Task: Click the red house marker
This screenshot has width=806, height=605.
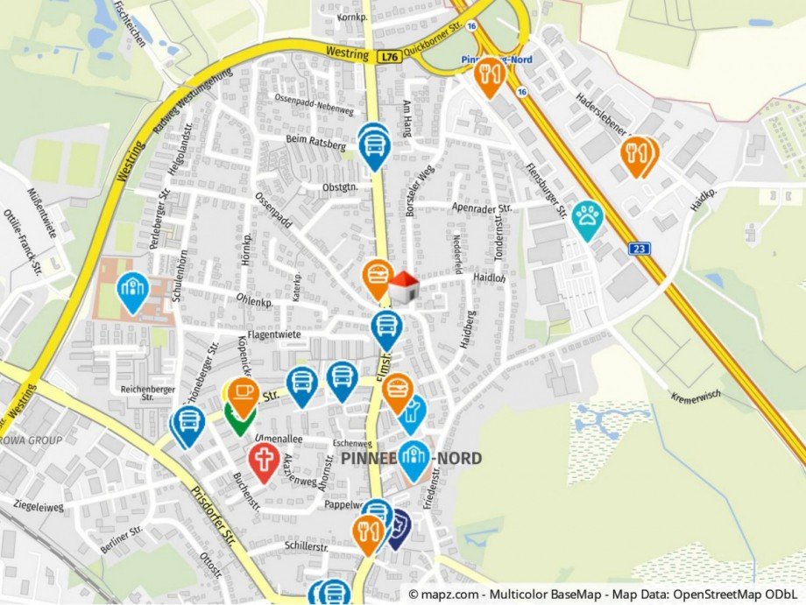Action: click(x=403, y=287)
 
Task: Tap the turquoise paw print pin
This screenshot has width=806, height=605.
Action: click(x=586, y=218)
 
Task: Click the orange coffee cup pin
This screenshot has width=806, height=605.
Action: click(x=244, y=395)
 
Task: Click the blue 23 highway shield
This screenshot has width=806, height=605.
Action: click(x=640, y=250)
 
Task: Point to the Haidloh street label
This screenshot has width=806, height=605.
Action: click(x=489, y=278)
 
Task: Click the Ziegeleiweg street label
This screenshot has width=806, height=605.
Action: click(x=39, y=506)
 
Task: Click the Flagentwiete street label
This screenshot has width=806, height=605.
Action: click(x=274, y=334)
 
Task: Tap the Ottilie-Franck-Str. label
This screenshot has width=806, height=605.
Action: click(x=18, y=240)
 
